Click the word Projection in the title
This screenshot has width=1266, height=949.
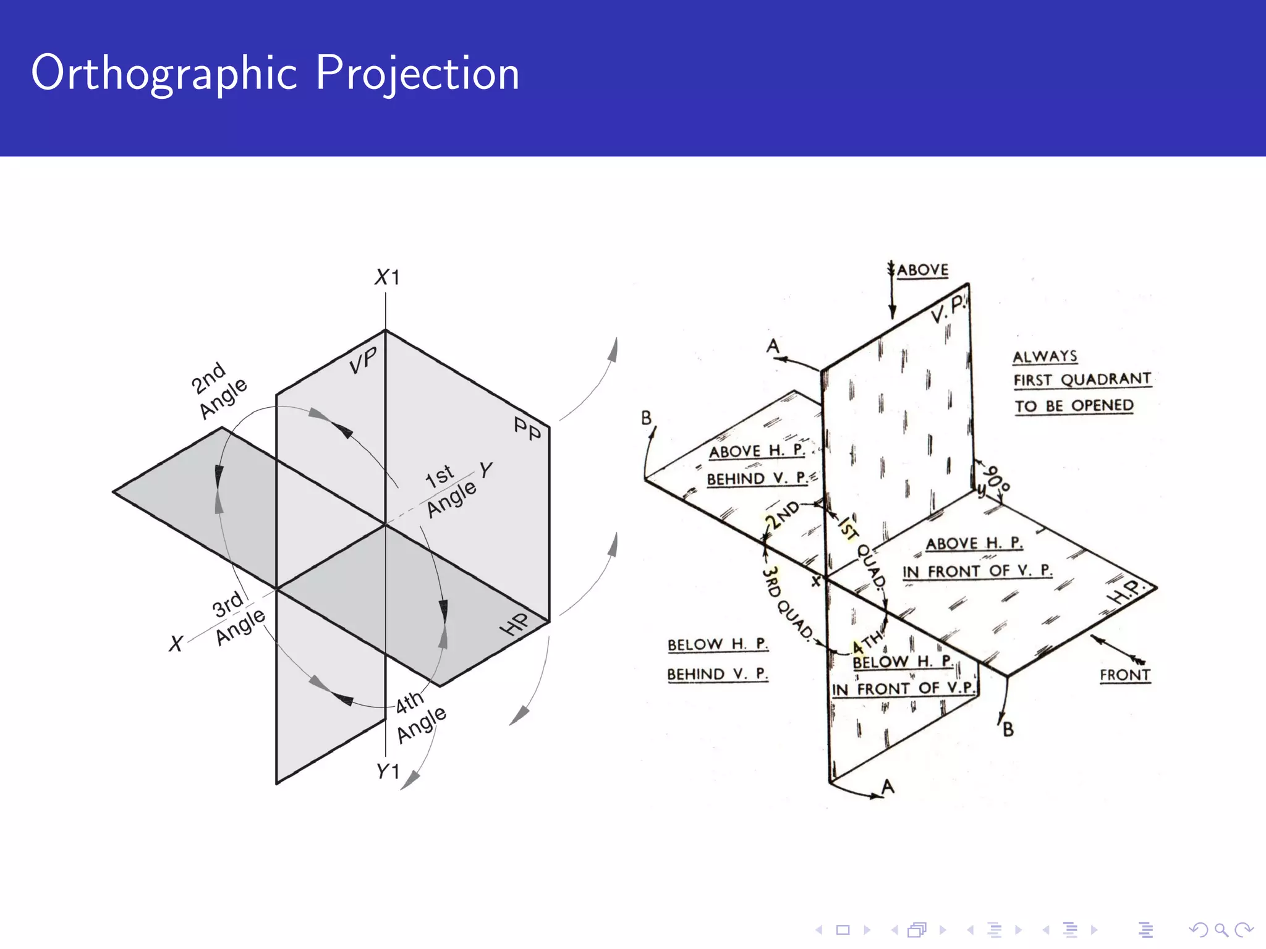(x=418, y=74)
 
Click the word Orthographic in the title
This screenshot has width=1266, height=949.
(x=164, y=74)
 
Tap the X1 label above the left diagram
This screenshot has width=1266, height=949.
(x=388, y=277)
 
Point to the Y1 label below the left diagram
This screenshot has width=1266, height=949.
(x=388, y=771)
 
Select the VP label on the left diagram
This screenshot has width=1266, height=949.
(x=363, y=361)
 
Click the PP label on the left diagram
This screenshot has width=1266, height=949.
(x=527, y=429)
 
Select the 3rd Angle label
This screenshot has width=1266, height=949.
(x=237, y=618)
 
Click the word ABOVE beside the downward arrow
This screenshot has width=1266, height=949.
(x=922, y=271)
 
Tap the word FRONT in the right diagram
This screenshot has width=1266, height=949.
(x=1124, y=675)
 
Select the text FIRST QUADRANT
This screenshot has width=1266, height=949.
(x=1082, y=379)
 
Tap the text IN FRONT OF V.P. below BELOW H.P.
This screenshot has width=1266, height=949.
(x=903, y=689)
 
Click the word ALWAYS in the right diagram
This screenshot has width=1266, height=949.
(x=1045, y=356)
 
